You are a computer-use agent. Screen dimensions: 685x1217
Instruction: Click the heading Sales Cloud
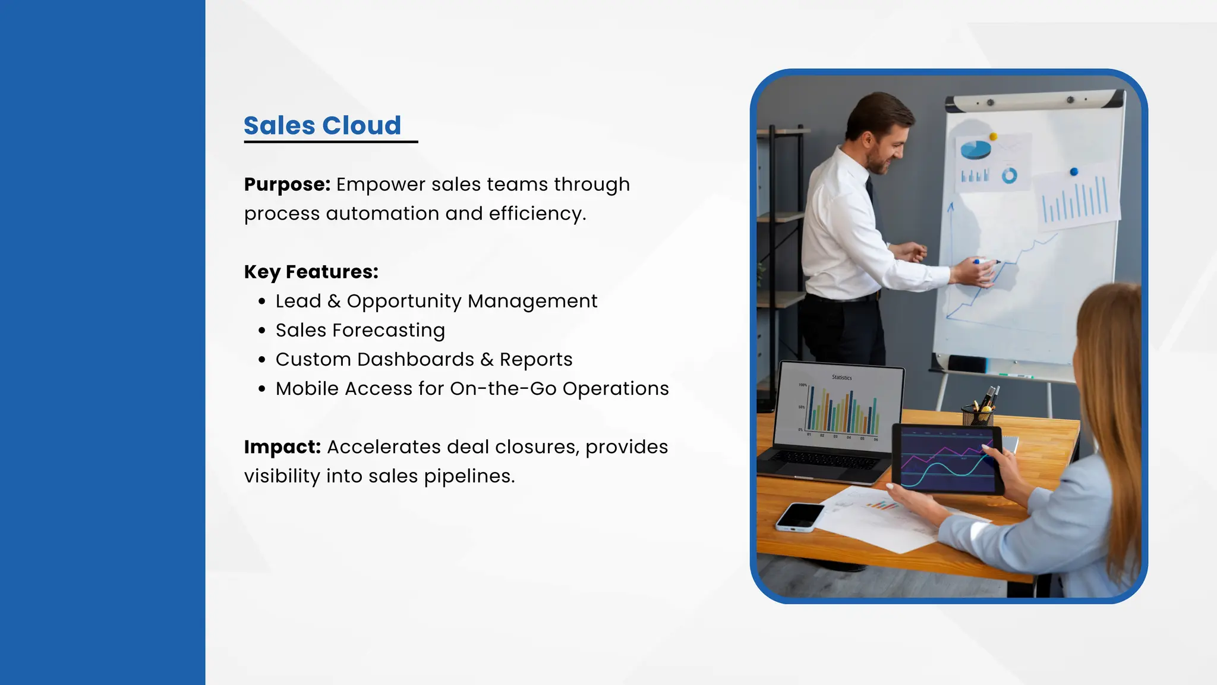pyautogui.click(x=322, y=126)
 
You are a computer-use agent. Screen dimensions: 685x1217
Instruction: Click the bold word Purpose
pyautogui.click(x=287, y=184)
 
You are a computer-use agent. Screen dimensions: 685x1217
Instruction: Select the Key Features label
pyautogui.click(x=311, y=272)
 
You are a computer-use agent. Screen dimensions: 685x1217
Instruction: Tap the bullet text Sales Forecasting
pyautogui.click(x=360, y=330)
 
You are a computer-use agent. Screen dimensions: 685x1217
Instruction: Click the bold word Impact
pyautogui.click(x=282, y=447)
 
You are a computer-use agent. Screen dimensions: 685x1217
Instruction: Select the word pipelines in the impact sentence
pyautogui.click(x=469, y=476)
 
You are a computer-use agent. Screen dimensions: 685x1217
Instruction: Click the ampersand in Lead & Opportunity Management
pyautogui.click(x=334, y=301)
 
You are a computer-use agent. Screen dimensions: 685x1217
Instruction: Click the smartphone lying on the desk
pyautogui.click(x=799, y=516)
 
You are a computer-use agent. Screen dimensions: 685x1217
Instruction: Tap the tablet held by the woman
pyautogui.click(x=947, y=459)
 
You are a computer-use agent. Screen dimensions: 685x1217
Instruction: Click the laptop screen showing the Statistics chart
pyautogui.click(x=840, y=407)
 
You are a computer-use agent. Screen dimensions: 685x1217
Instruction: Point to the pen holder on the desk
pyautogui.click(x=978, y=414)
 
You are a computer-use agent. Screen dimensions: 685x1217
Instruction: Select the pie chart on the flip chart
pyautogui.click(x=975, y=149)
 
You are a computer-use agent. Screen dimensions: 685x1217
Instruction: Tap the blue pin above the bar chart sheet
pyautogui.click(x=1073, y=172)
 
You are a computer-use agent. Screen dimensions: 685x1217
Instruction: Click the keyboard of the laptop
pyautogui.click(x=826, y=458)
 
